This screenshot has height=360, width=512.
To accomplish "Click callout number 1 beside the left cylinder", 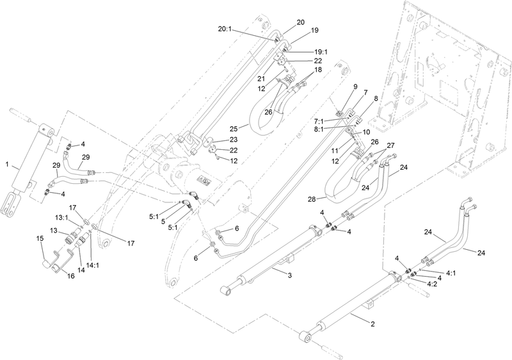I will tap(8, 165).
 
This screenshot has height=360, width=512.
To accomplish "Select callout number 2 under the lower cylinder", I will tap(372, 325).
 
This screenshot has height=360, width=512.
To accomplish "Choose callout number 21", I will tap(262, 78).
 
